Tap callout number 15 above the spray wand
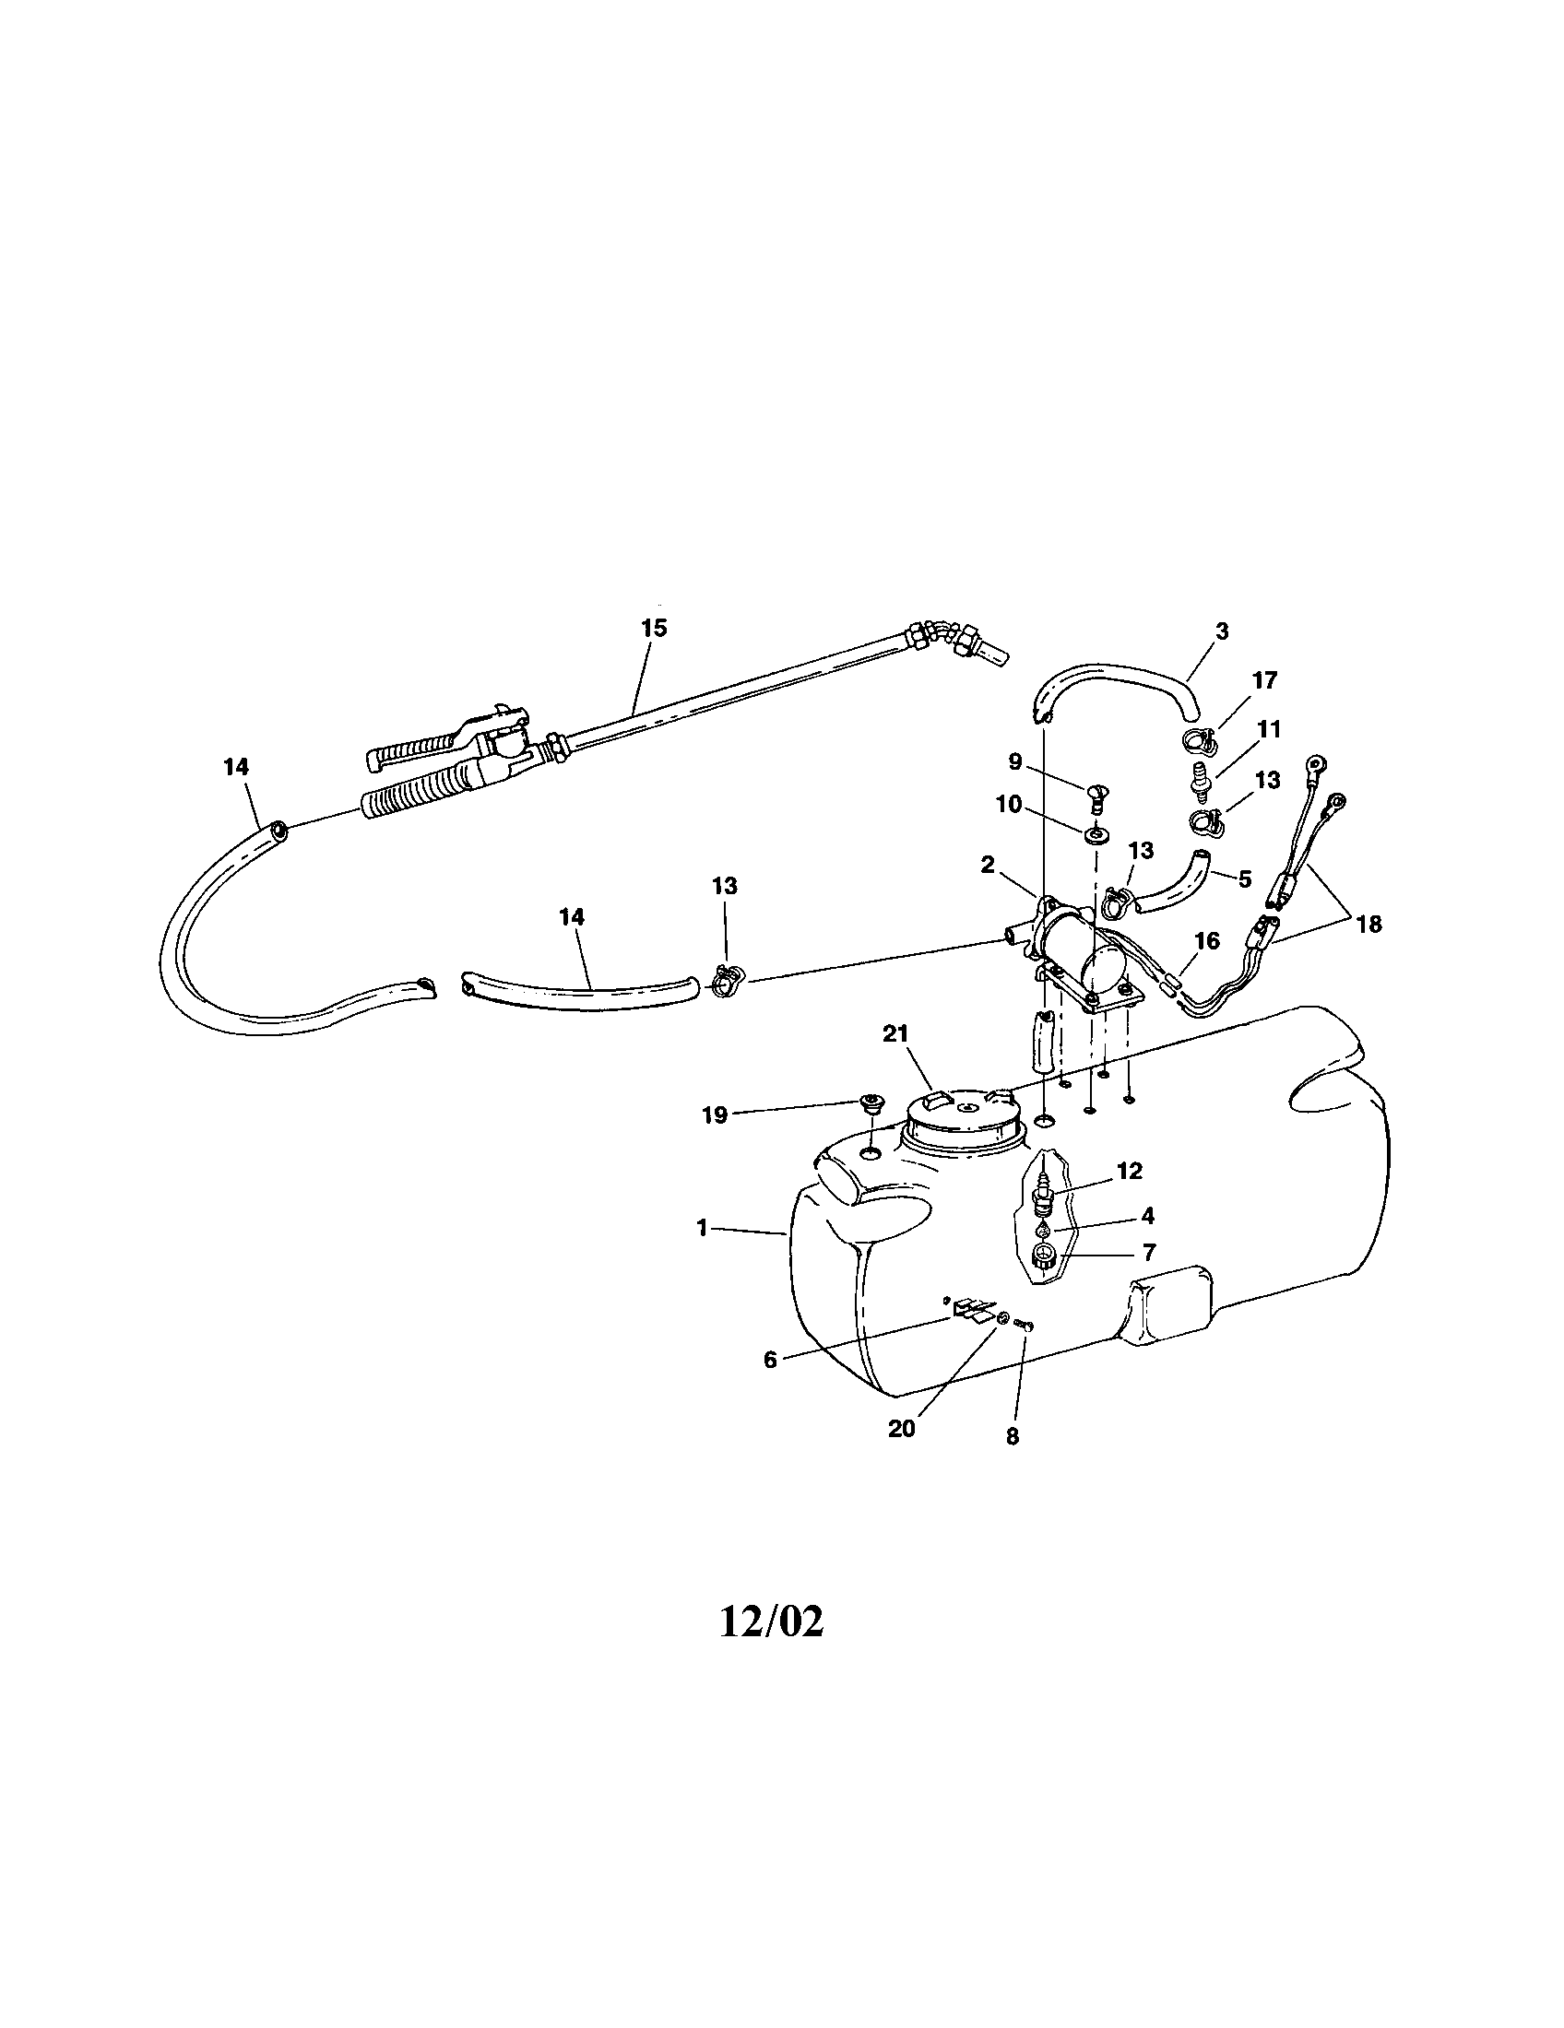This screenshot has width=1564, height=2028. coord(654,628)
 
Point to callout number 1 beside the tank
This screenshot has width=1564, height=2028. coord(702,1228)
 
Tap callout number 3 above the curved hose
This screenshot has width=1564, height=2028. coord(1222,631)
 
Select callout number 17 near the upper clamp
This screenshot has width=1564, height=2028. coord(1265,680)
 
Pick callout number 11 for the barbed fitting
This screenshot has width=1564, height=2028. coord(1268,729)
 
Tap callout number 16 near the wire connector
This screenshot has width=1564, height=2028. coord(1206,940)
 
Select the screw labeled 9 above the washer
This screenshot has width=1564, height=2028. coord(1096,795)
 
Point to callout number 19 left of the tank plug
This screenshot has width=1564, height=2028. coord(714,1114)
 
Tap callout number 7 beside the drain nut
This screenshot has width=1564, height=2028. coord(1149,1253)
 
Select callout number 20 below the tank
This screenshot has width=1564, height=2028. coord(902,1428)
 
